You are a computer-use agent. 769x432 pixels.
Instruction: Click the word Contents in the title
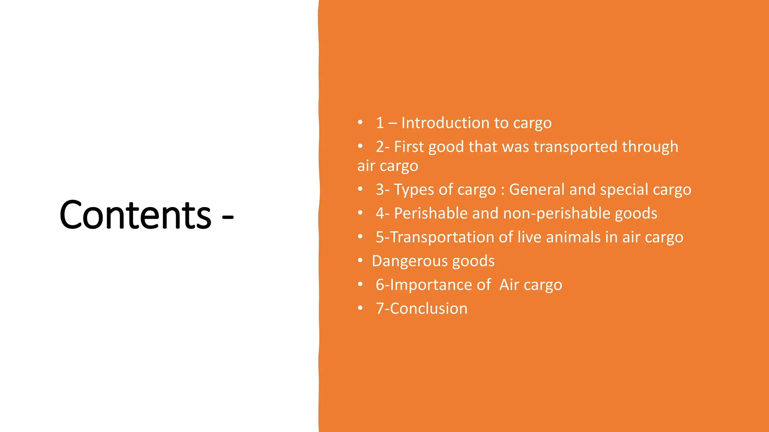(135, 215)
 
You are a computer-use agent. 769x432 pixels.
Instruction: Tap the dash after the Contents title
(228, 216)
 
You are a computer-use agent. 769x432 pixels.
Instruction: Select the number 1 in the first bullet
(380, 123)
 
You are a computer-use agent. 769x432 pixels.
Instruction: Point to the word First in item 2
(409, 147)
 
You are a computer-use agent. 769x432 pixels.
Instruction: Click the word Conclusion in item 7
(428, 309)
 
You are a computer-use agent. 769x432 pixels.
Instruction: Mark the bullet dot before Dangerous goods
(360, 260)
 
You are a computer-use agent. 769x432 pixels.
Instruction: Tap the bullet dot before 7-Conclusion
(360, 308)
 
